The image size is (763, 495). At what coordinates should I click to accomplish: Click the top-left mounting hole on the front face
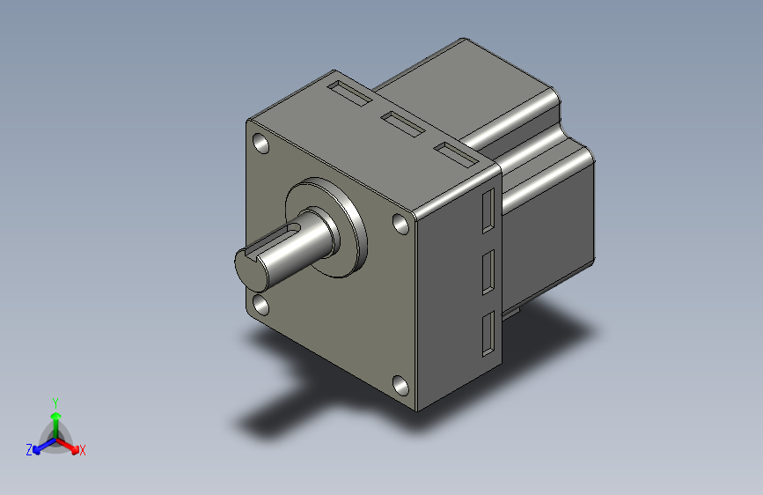coord(261,144)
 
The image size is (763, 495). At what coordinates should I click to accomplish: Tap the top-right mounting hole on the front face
coord(400,224)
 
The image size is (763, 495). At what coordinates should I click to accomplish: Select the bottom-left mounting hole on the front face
coord(261,305)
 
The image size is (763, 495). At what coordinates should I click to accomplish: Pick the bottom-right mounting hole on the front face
coord(400,386)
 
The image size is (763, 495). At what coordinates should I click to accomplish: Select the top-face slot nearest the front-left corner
coord(350,93)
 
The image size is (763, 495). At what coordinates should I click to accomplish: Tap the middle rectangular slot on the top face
coord(403,124)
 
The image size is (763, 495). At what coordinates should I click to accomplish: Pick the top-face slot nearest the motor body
coord(456,155)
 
